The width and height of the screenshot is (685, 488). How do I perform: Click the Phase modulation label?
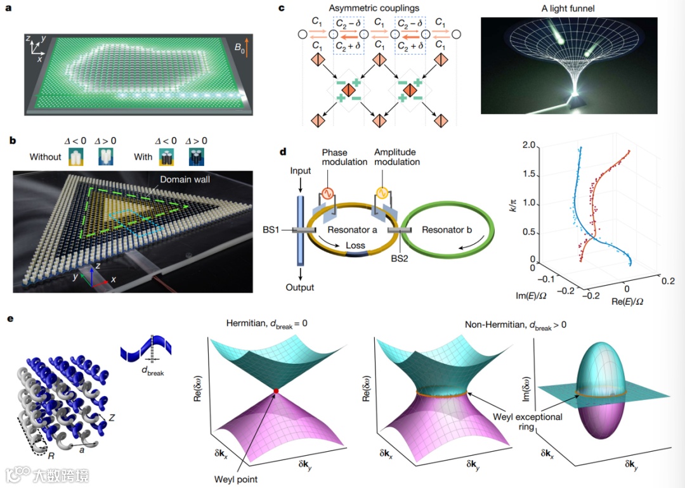click(x=345, y=157)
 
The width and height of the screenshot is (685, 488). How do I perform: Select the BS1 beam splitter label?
click(x=278, y=230)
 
